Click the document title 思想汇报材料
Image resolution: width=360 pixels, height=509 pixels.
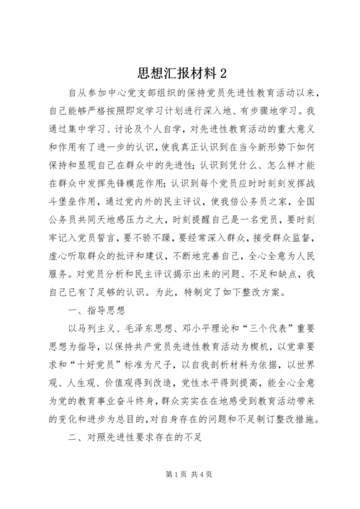point(174,74)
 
